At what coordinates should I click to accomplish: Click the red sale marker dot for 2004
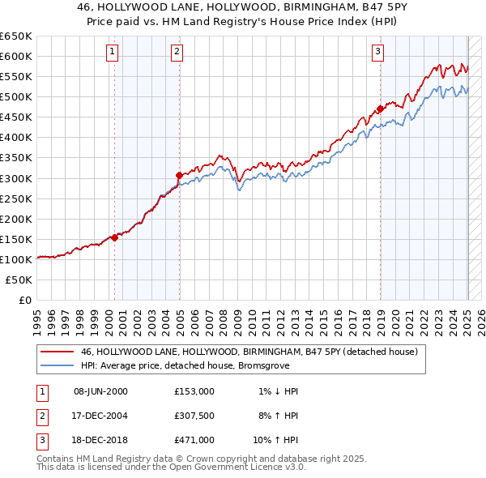[179, 174]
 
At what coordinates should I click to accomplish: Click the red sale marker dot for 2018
[380, 109]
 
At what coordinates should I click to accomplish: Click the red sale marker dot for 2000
[114, 237]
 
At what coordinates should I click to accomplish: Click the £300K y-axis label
[16, 178]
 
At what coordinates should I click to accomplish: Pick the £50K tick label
[19, 280]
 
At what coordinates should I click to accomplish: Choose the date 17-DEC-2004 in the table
[100, 415]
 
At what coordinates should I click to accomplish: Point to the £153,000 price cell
[194, 391]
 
